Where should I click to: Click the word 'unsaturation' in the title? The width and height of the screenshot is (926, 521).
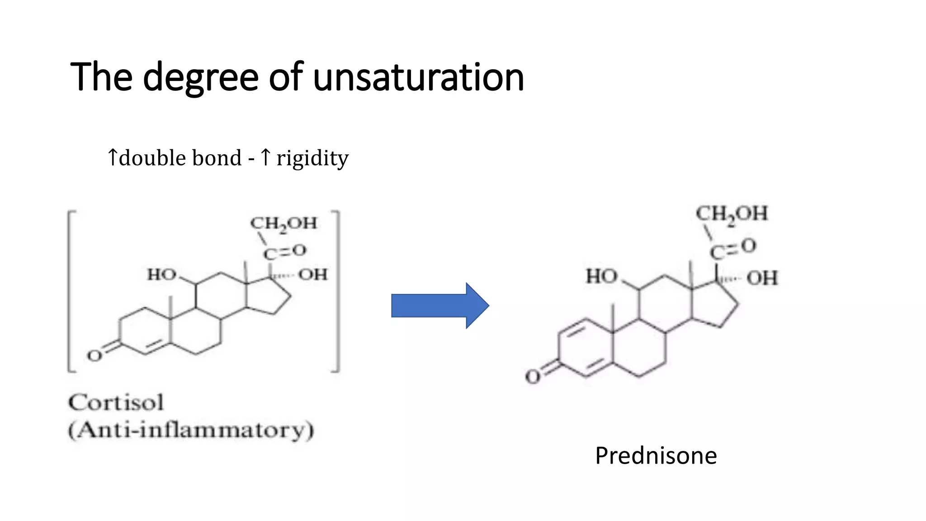418,77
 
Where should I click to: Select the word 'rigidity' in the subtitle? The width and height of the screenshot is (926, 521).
312,158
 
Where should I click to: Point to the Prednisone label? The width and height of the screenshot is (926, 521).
656,455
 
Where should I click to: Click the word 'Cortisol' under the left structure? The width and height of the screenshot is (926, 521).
116,403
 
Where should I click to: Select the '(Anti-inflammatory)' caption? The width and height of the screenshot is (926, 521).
191,430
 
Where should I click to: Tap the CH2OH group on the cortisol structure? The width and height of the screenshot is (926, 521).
284,223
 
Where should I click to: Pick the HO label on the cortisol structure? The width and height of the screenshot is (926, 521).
161,275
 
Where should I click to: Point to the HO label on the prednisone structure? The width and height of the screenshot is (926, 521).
601,276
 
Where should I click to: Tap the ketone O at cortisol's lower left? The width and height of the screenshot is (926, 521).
94,356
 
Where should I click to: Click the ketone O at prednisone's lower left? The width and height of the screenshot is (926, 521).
533,377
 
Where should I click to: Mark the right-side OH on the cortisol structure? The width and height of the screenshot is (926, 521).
312,275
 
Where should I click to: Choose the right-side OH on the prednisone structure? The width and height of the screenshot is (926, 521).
762,278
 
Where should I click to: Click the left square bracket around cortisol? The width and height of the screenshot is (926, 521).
70,292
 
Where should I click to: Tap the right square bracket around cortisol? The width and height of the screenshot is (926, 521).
337,292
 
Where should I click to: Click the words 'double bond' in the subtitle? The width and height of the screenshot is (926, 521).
180,158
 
